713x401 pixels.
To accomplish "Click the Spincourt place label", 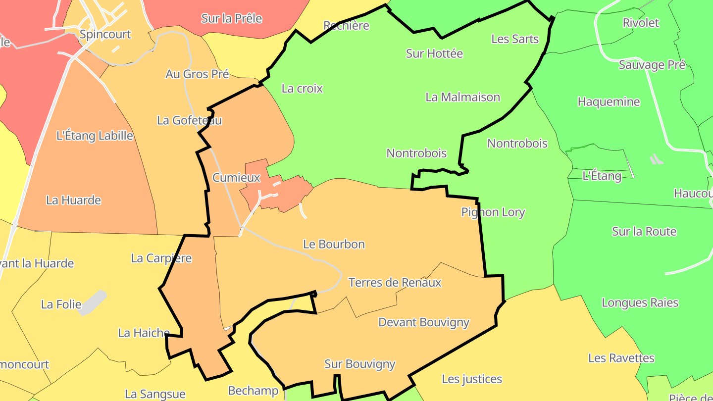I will [x=105, y=35].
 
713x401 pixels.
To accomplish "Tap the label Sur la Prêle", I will [x=231, y=19].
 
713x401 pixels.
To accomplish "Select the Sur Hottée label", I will [x=434, y=53].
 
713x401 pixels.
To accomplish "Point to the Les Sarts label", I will [x=515, y=39].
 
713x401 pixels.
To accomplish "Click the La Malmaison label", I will [x=462, y=97].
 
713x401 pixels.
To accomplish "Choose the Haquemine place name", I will [x=609, y=102].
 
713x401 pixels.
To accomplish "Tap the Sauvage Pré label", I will [x=652, y=65].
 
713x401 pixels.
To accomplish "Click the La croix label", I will [x=302, y=89].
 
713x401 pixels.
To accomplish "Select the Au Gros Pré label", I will [x=197, y=74].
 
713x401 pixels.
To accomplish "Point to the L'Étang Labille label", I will [x=95, y=136].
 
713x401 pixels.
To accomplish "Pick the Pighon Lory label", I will [x=493, y=212].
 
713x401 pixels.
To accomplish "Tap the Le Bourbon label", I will [x=334, y=244].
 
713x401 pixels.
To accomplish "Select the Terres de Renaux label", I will [x=395, y=283].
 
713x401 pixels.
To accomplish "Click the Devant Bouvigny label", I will [x=423, y=322].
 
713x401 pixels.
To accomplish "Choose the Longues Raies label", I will [x=640, y=302].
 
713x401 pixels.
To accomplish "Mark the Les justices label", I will [x=471, y=379].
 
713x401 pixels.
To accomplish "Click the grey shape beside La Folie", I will [x=93, y=302].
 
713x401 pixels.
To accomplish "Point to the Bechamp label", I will [x=253, y=391].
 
